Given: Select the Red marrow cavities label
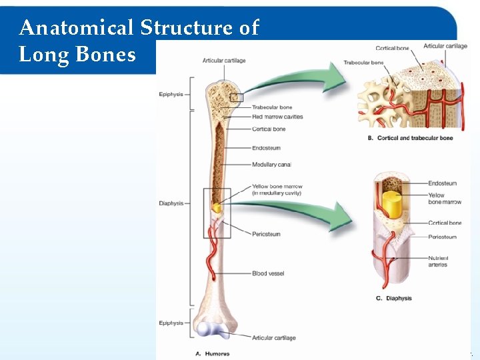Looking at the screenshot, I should [277, 117].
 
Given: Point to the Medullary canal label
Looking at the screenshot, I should [271, 165].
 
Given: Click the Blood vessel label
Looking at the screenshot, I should [268, 273].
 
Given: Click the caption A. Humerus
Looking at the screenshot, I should [214, 353].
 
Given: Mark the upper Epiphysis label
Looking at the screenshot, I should [171, 95].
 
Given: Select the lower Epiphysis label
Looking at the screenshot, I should [171, 323].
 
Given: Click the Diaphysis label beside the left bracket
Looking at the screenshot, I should [171, 203].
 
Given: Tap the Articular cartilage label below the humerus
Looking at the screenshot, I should [273, 338].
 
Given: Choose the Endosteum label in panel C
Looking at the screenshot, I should [442, 183].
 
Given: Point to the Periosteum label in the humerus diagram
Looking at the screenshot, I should [266, 234].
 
